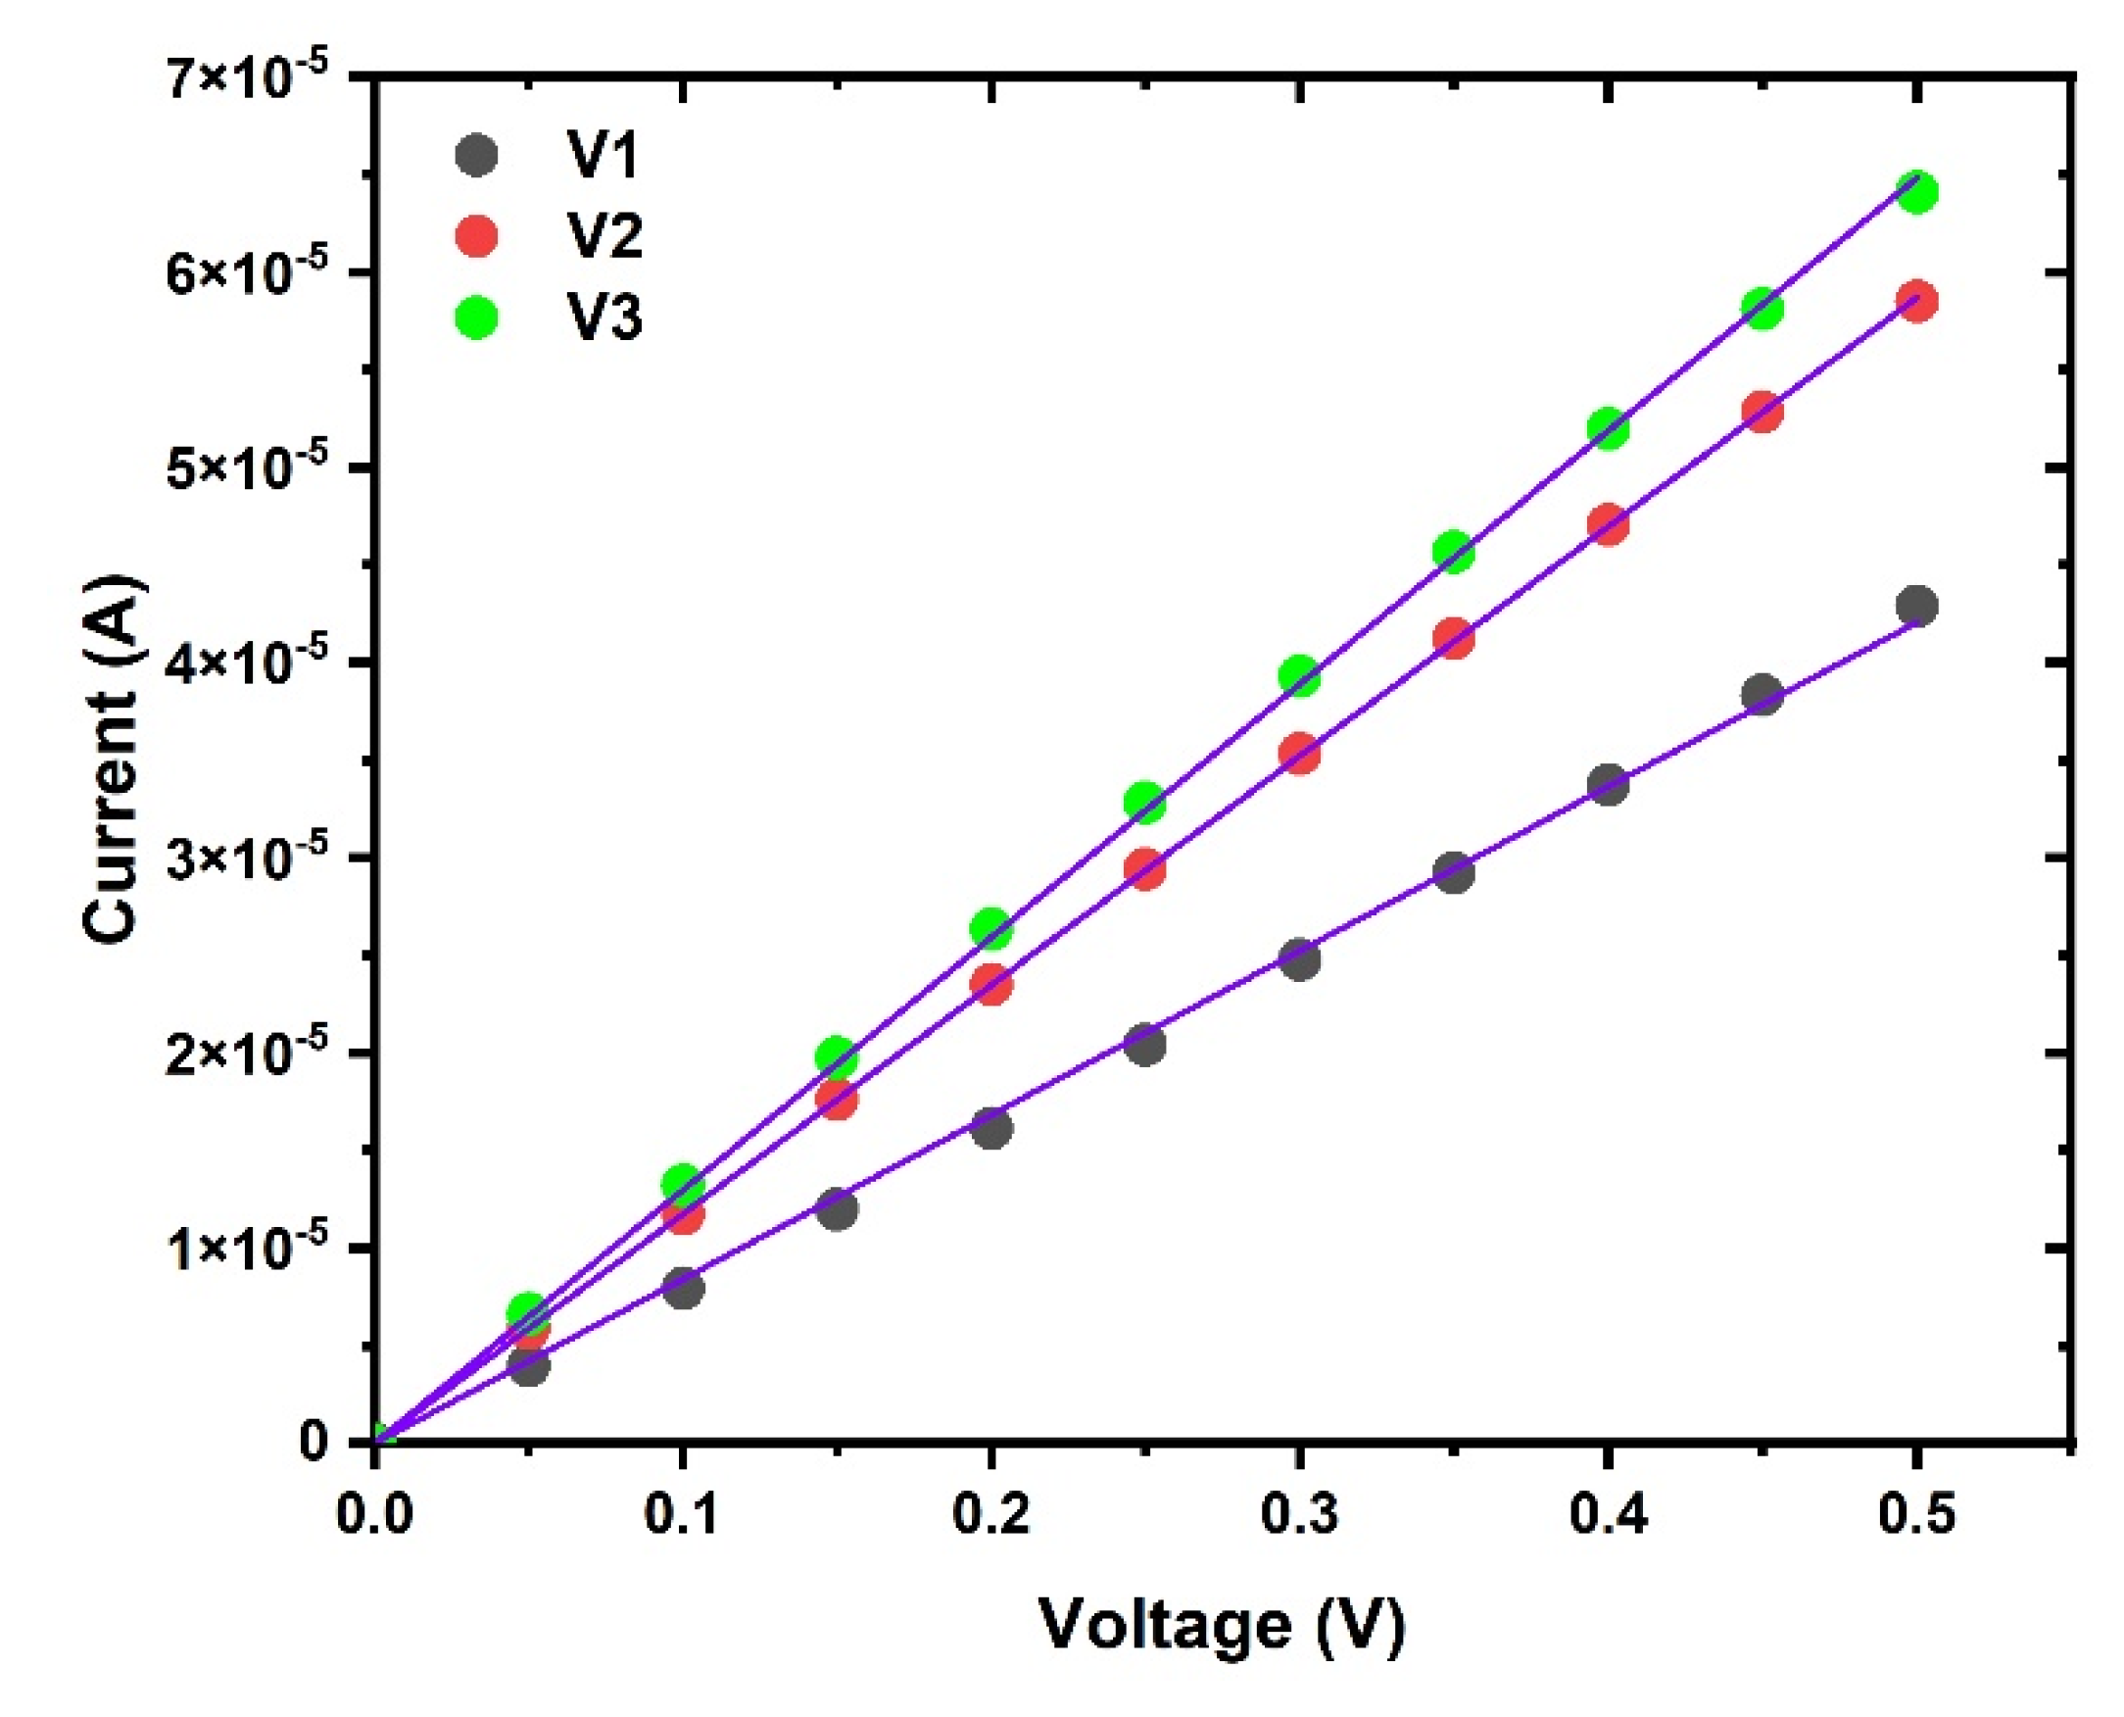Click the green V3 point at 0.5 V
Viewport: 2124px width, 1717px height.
1917,192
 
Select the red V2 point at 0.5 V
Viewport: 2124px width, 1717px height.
1917,302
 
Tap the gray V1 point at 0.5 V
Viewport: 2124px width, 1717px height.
1917,606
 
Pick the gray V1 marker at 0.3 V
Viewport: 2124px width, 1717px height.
1299,958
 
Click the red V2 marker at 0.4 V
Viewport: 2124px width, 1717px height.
1608,524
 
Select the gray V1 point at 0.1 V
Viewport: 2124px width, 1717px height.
683,1289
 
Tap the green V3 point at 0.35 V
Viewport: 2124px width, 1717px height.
1454,551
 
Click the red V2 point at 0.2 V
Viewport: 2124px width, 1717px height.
990,985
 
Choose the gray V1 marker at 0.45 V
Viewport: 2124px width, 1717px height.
1763,693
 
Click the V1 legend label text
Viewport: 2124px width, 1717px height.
604,155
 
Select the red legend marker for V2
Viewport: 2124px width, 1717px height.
476,235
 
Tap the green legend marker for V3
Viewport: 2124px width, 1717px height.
476,318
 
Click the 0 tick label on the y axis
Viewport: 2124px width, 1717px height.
314,1443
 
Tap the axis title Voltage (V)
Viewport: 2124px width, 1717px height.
1223,1626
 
